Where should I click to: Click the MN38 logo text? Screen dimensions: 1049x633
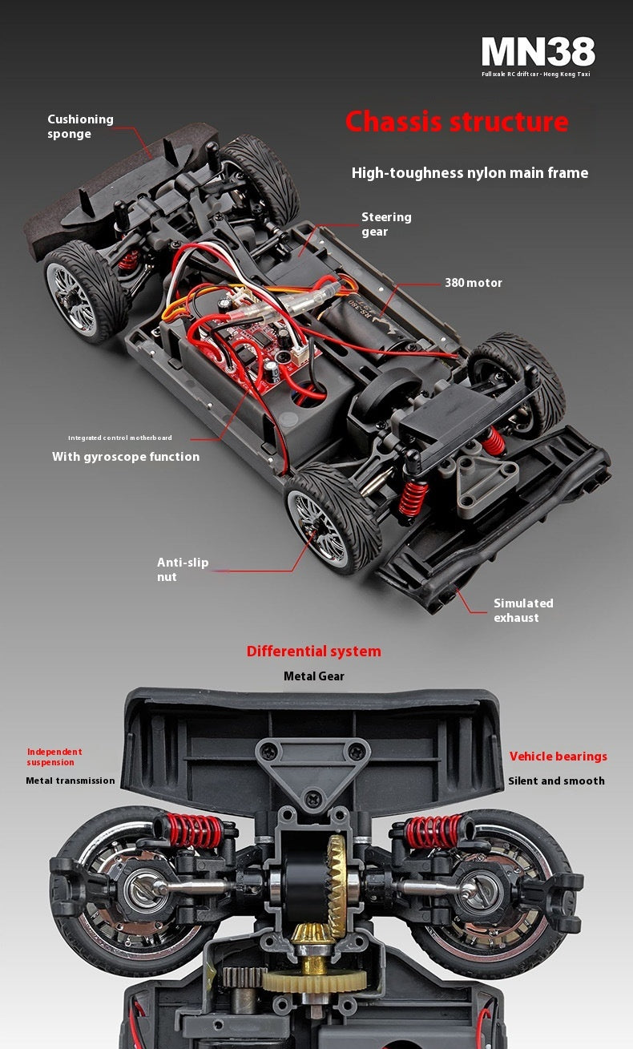coord(538,52)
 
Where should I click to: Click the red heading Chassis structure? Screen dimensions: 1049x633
coord(457,122)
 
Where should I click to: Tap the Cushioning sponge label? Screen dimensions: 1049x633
coord(80,127)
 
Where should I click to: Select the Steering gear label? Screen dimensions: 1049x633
coord(386,224)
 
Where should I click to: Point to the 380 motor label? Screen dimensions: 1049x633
coord(474,283)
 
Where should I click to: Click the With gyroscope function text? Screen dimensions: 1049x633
coord(126,457)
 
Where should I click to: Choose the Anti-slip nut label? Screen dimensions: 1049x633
coord(183,570)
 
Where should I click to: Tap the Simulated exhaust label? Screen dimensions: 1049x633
coord(523,611)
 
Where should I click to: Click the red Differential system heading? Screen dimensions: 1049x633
coord(314,652)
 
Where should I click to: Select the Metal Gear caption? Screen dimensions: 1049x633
coord(314,676)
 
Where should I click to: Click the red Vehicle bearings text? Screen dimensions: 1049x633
coord(558,756)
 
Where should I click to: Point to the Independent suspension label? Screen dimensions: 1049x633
coord(54,756)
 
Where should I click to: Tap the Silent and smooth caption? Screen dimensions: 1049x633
coord(556,781)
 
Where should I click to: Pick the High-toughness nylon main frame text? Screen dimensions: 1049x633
coord(470,173)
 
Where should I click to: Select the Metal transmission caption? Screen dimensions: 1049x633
coord(71,781)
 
